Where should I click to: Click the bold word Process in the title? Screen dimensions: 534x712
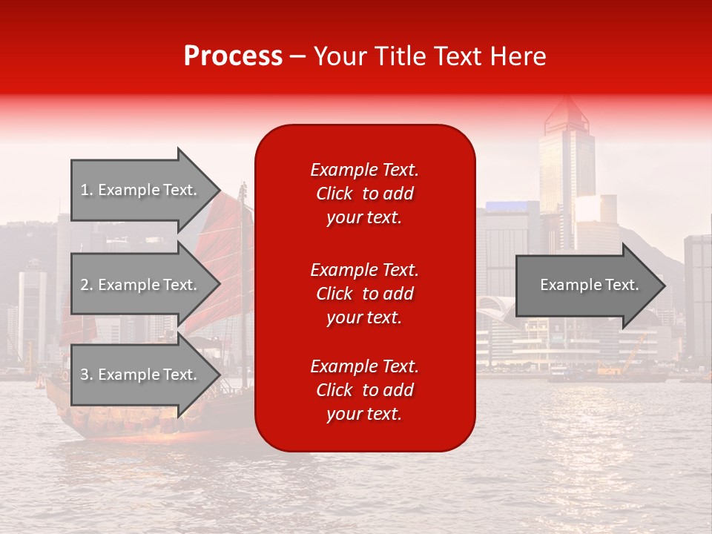[x=233, y=56]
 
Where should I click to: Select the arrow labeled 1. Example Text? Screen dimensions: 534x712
[x=141, y=190]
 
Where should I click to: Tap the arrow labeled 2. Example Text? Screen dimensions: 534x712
[x=141, y=285]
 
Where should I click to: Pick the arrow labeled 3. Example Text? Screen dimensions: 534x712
[x=141, y=375]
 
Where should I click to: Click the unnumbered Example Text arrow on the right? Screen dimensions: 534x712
[x=589, y=286]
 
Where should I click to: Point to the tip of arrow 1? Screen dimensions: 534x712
[x=219, y=190]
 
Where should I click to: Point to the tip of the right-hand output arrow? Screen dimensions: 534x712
[x=664, y=286]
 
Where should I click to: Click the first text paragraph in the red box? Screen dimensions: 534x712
[x=364, y=194]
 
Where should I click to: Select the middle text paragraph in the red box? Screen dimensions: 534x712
[x=364, y=293]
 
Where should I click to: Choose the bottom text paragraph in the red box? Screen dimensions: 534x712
[x=364, y=390]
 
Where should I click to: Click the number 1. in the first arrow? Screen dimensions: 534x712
[x=86, y=190]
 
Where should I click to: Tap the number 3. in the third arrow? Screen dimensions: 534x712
[x=86, y=375]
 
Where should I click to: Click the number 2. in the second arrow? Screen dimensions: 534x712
[x=86, y=285]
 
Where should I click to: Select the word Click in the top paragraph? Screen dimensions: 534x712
[x=334, y=194]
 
